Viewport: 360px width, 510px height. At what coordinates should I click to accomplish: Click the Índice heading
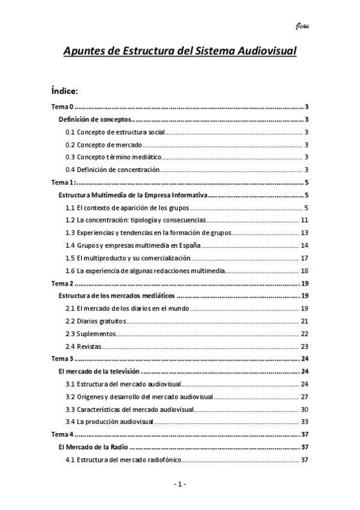point(65,91)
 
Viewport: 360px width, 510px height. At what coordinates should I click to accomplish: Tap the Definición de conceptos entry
point(94,120)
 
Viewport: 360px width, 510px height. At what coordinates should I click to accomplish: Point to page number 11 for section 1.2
point(305,220)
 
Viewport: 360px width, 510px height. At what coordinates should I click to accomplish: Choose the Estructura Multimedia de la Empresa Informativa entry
point(133,195)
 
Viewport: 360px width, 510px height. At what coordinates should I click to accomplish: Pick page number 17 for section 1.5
point(305,258)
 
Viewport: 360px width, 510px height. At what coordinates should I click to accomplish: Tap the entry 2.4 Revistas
point(84,346)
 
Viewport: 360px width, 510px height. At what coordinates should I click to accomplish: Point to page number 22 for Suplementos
point(305,334)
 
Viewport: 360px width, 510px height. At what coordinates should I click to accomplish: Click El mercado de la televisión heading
point(99,372)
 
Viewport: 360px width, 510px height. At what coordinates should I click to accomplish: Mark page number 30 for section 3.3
point(305,410)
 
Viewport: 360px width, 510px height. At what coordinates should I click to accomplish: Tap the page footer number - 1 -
point(180,484)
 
